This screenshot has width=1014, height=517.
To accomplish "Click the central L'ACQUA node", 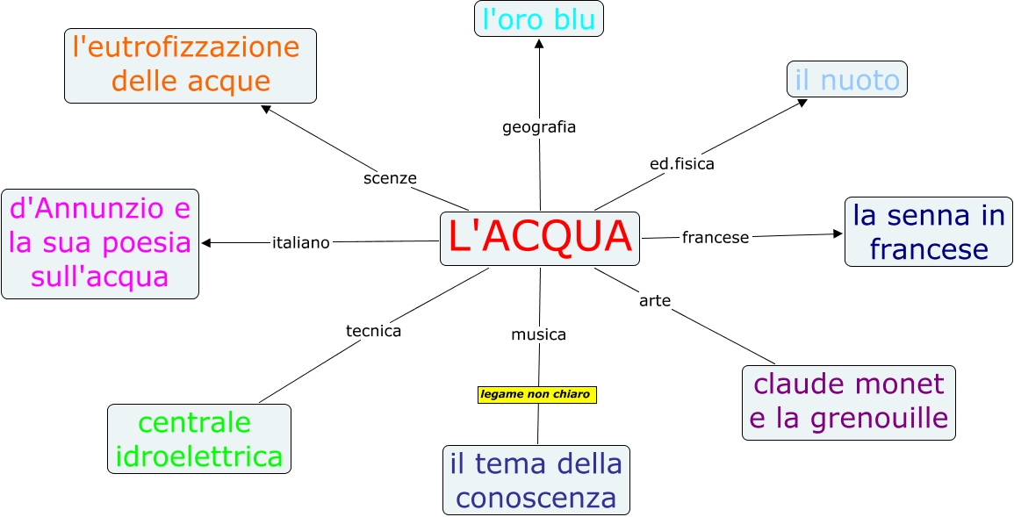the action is [539, 238].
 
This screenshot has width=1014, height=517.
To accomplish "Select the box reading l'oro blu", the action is [539, 19].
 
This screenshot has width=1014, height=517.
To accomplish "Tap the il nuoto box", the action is [846, 80].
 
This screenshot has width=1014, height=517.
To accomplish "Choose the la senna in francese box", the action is [928, 232].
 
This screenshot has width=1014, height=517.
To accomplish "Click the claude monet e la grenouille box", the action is [848, 402].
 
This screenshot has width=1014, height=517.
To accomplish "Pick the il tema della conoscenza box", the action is [536, 480].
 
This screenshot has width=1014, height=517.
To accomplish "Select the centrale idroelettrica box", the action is [198, 439].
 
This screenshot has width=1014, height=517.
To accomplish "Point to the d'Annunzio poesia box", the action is [100, 243].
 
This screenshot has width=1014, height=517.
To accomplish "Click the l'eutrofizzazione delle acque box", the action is [190, 65].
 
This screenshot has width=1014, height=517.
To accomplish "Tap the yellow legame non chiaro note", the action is [536, 394].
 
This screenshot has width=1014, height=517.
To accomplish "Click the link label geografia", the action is [539, 126].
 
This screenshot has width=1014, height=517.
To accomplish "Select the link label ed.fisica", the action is [682, 163].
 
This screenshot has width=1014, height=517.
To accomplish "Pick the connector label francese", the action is [716, 237].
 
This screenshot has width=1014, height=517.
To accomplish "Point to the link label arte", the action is [655, 301].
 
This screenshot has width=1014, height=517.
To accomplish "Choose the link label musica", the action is [539, 334].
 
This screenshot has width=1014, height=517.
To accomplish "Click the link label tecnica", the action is [373, 331].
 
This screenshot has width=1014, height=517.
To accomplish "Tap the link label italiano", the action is [301, 243].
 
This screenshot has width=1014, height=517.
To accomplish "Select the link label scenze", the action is [390, 178].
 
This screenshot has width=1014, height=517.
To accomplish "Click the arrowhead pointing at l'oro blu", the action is [539, 43].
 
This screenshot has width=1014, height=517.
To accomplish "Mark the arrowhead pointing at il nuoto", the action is [802, 102].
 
